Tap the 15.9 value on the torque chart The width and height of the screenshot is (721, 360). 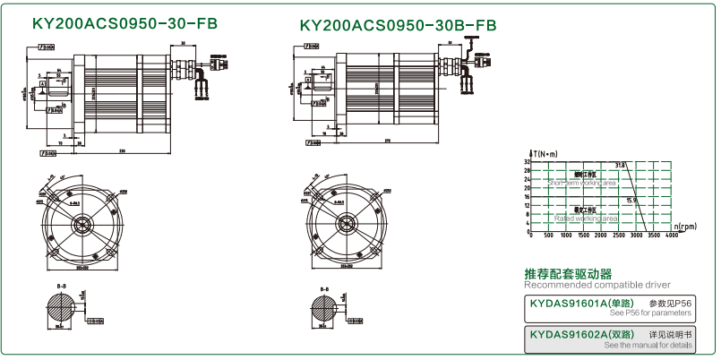coord(633,200)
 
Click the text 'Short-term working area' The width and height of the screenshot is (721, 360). coord(582,182)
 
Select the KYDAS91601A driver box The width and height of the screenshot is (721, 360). coord(607,309)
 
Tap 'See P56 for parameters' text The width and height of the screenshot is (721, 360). coord(650,315)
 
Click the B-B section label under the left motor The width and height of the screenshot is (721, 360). coord(61,288)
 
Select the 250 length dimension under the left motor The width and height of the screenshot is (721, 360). coord(121,150)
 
